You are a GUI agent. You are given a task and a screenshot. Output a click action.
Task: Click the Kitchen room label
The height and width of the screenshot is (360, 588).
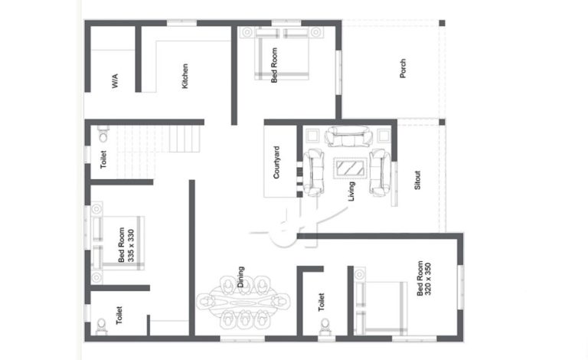coord(185,76)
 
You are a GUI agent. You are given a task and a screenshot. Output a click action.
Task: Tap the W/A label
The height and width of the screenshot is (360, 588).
coord(115,81)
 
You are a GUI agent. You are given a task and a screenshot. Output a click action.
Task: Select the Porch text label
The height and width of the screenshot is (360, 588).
coord(403,68)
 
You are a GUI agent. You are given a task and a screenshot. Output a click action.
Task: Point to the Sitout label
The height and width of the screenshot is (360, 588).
coord(417,180)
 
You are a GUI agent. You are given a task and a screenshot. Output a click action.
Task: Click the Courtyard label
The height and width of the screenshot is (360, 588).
coord(276,162)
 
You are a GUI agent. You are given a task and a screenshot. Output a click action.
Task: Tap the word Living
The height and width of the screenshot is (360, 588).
coord(351,191)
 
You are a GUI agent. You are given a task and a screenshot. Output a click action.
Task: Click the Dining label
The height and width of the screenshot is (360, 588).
coord(240,277)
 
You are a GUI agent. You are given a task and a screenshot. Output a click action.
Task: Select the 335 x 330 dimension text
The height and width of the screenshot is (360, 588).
coord(130,246)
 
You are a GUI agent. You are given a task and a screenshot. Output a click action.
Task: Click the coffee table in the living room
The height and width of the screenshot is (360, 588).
coord(351,168)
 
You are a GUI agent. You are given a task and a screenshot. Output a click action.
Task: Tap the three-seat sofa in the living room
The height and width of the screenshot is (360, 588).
coord(349,136)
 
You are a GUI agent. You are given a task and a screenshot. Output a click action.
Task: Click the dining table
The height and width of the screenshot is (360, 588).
coord(243,302)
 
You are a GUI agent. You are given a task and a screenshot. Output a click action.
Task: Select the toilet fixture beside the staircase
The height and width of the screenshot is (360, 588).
coord(103,134)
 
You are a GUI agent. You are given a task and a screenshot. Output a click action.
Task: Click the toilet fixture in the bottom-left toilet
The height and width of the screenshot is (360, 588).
coord(101,326)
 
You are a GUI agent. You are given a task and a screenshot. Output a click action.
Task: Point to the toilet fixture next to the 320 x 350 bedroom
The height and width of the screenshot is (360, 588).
coord(325,326)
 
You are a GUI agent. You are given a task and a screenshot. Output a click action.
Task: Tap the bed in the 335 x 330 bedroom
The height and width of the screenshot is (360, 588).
coord(118,243)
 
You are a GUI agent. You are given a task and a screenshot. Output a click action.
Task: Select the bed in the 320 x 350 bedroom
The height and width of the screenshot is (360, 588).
coord(381,308)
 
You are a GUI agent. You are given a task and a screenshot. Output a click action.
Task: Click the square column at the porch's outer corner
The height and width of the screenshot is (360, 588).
coord(442,23)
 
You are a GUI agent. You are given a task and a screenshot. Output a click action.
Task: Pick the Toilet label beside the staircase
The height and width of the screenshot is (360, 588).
coord(103,159)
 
